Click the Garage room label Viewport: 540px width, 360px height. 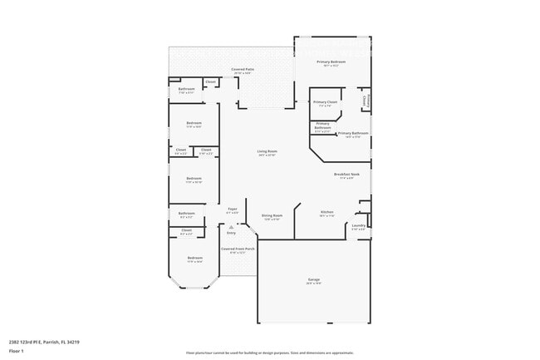coord(313,279)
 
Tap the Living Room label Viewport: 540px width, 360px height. coord(266,150)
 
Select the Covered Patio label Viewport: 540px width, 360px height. coord(242,70)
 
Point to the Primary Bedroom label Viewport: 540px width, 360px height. coord(331,62)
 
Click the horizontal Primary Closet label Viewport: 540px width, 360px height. coord(325,101)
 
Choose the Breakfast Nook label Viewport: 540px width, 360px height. coord(346,174)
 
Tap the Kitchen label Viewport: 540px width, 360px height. coord(326,212)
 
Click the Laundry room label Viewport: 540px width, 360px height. coord(359,225)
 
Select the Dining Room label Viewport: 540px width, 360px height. coord(272,215)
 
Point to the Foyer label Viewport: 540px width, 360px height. coord(233,209)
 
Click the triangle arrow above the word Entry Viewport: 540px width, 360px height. coord(231,226)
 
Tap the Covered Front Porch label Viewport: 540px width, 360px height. coord(238,249)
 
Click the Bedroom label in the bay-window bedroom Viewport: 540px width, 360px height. coord(194,258)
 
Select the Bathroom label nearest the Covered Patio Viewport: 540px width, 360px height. coord(186,89)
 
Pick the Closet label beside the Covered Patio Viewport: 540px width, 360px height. coord(210,81)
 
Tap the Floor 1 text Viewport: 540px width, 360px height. coord(17,350)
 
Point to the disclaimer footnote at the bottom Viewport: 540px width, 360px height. coord(269,352)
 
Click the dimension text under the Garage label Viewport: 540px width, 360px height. coord(313,284)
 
